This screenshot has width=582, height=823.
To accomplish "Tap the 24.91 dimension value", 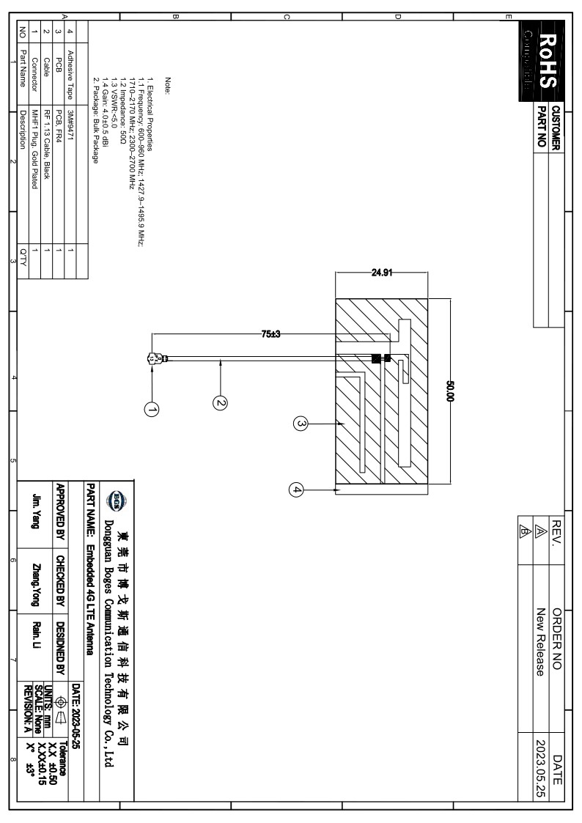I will [x=381, y=273].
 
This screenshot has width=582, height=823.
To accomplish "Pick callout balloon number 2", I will [x=221, y=401].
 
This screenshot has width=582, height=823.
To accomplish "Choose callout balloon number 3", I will [x=299, y=423].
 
